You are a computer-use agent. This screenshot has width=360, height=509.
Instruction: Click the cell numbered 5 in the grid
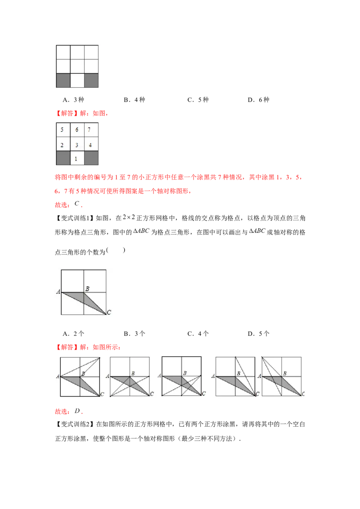[62, 130]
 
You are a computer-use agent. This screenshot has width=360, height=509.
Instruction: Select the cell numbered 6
[77, 130]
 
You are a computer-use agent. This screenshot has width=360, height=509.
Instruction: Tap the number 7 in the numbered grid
[90, 130]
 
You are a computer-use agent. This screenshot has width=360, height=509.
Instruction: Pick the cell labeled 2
[62, 145]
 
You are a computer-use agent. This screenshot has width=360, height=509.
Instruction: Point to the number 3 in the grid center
[77, 145]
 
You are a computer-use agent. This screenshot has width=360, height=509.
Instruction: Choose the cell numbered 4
[90, 145]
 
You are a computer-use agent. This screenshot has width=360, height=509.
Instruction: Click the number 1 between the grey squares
[76, 159]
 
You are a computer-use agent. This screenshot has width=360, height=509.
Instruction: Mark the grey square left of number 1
[63, 159]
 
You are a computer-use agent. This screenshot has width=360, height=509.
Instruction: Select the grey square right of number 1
[91, 159]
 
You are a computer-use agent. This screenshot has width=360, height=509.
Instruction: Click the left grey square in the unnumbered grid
[63, 80]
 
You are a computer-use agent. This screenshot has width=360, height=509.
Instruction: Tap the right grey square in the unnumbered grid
[91, 80]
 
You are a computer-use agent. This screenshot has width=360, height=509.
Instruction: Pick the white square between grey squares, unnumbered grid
[77, 80]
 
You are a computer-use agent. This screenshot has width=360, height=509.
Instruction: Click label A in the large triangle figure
[58, 292]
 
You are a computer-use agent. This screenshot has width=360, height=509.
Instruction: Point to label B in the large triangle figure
[87, 288]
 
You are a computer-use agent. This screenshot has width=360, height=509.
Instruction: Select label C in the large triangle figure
[109, 313]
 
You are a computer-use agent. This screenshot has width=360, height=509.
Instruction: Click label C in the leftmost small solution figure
[103, 394]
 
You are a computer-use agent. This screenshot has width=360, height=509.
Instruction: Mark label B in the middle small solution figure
[184, 373]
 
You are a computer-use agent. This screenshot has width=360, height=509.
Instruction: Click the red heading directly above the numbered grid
[81, 114]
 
